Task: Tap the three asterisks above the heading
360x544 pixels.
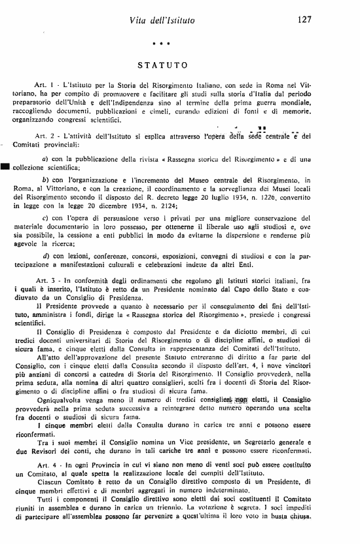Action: coord(161,44)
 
